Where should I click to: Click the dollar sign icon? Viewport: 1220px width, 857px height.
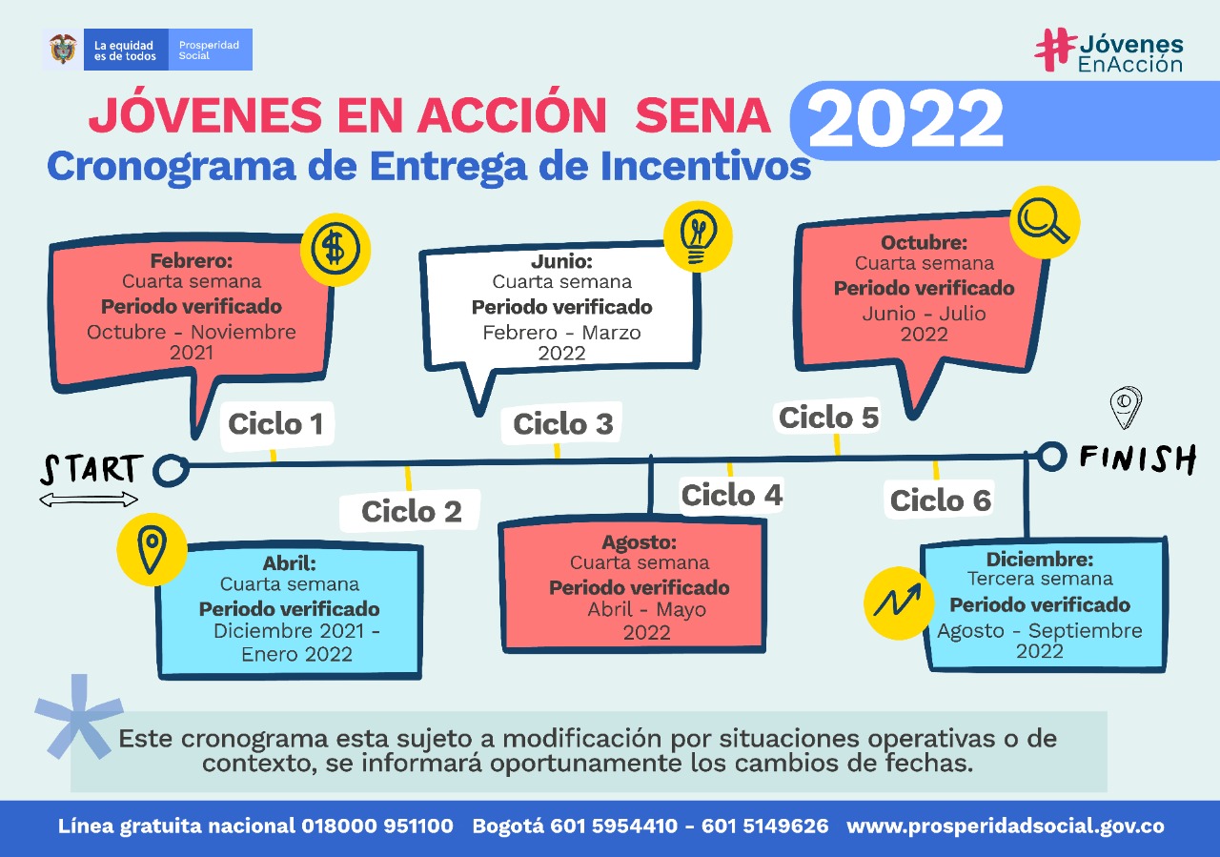[x=335, y=249]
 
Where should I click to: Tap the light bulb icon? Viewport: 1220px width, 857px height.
[x=698, y=237]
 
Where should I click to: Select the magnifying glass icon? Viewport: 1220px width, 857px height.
[x=1045, y=222]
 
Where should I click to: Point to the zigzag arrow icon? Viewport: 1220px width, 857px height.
[x=899, y=602]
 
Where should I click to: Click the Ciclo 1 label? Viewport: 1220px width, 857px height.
[x=276, y=424]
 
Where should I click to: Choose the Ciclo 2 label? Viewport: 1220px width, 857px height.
[x=412, y=511]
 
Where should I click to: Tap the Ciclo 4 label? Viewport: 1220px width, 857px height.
[x=732, y=495]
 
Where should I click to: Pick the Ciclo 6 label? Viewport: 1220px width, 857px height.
[x=941, y=500]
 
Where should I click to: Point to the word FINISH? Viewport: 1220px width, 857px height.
[x=1138, y=459]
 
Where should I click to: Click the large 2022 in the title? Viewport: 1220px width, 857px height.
[x=905, y=119]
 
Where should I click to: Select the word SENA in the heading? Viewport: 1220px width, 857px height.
[x=703, y=115]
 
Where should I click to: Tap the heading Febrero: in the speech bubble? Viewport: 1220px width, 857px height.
[x=192, y=260]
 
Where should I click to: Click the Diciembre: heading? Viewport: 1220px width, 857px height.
[x=1040, y=559]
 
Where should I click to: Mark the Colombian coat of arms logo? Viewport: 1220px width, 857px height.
[x=63, y=49]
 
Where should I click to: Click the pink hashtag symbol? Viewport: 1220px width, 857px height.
[x=1055, y=50]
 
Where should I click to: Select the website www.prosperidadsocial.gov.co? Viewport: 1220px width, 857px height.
[x=1006, y=826]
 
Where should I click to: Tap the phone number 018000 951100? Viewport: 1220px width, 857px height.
[x=377, y=826]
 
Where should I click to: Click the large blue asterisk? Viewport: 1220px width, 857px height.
[x=79, y=717]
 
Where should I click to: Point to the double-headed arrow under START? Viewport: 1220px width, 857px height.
[x=89, y=500]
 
